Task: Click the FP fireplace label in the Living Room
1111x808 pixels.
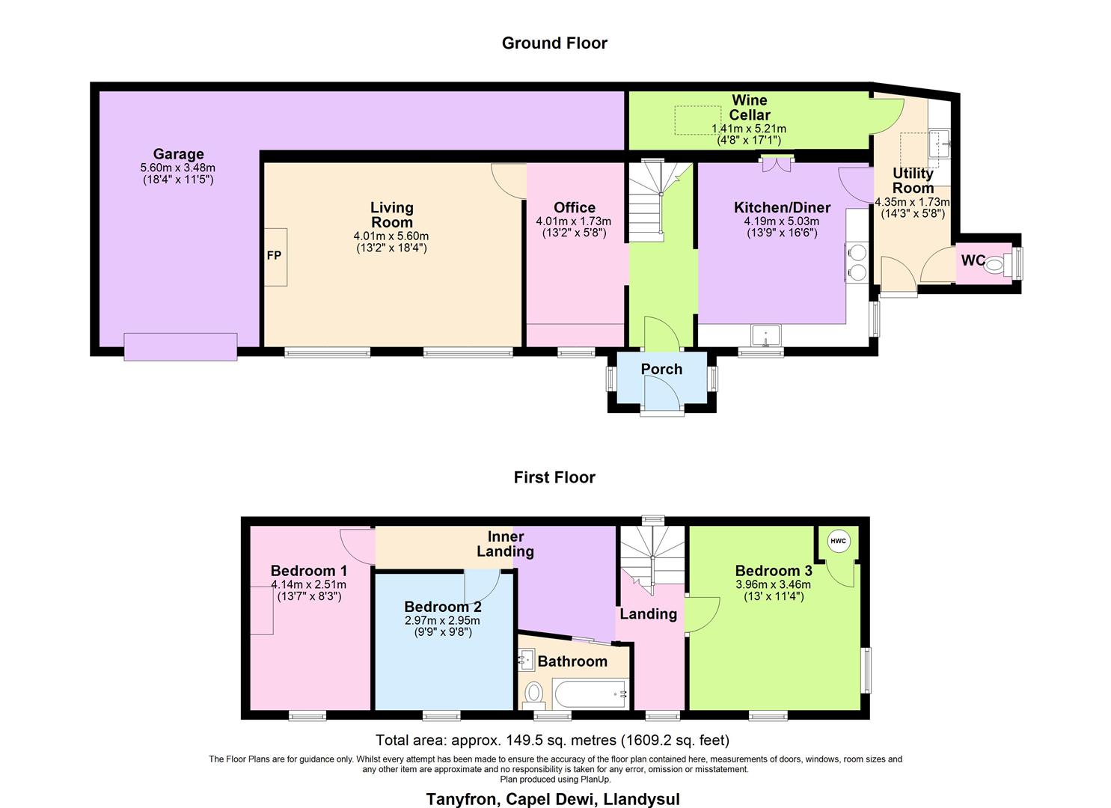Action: (274, 256)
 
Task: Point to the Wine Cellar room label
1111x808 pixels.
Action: (749, 107)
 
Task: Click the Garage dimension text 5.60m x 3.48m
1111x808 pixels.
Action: (178, 168)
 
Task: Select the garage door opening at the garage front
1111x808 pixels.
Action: (180, 347)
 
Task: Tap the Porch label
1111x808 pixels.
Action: (661, 369)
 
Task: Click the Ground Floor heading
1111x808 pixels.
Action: (554, 43)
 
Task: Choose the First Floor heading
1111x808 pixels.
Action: (554, 477)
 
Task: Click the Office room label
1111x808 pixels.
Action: (575, 207)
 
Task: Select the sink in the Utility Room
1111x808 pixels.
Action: (938, 143)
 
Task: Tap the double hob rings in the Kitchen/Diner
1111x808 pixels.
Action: (856, 262)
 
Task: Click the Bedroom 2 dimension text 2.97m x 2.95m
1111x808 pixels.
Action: (442, 620)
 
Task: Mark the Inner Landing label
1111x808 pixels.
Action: (506, 544)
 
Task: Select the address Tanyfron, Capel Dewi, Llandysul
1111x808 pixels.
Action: (553, 798)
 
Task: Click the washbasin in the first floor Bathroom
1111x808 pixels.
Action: (527, 660)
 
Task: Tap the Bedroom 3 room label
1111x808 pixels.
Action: (773, 571)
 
